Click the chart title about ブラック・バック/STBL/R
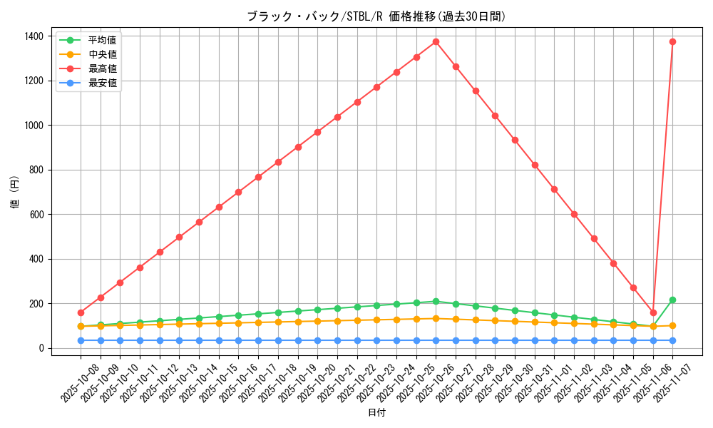tap(376, 16)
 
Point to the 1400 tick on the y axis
tap(33, 36)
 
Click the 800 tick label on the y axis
tap(36, 170)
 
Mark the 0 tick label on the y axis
tap(41, 348)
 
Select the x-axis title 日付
tap(376, 413)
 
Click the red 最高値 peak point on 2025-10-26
tap(436, 41)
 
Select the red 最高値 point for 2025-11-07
tap(672, 41)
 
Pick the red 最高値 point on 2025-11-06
tap(653, 312)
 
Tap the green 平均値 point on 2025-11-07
tap(672, 300)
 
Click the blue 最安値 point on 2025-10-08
tap(81, 340)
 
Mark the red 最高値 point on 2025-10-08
tap(81, 312)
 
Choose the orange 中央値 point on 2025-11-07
tap(672, 325)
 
